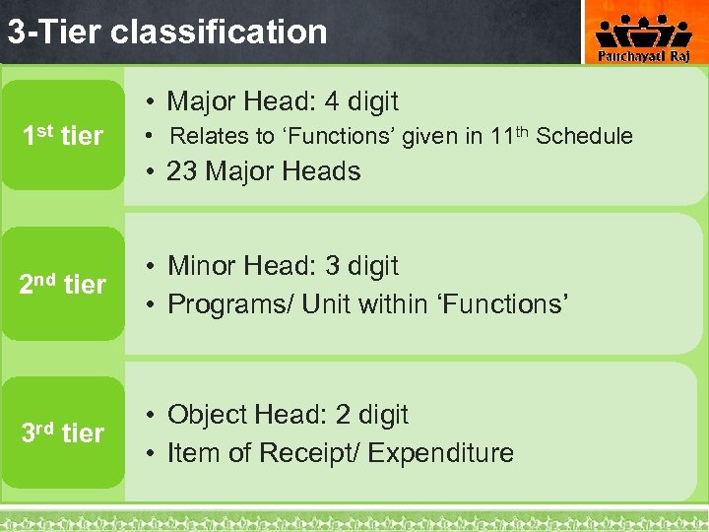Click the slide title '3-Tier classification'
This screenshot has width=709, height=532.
tap(167, 32)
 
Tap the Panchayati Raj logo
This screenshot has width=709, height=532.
tap(645, 36)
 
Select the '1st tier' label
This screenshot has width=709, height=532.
tap(64, 136)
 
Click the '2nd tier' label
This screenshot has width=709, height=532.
tap(63, 284)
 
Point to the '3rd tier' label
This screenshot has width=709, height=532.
tap(63, 432)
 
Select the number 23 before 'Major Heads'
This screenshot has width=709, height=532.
tap(182, 171)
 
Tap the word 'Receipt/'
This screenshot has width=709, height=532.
tap(316, 453)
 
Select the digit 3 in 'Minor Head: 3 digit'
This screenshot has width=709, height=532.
tap(332, 266)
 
